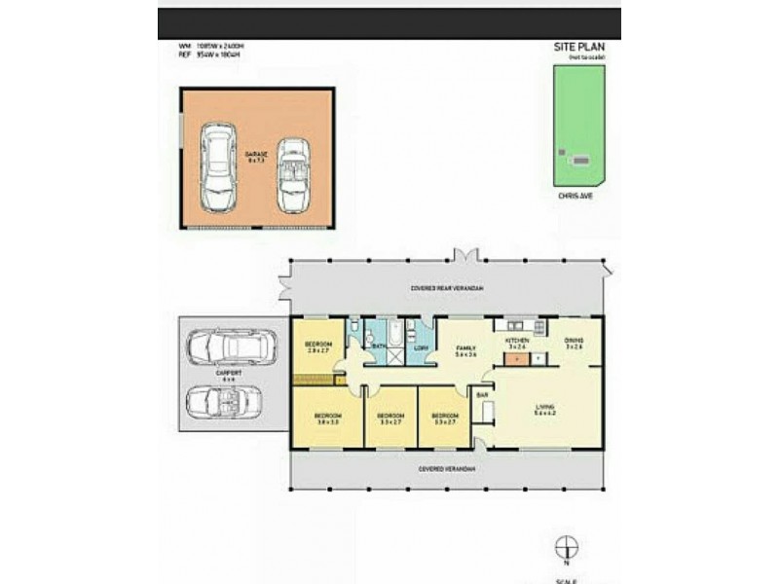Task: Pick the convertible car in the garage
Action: point(292,174)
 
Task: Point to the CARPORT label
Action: point(230,373)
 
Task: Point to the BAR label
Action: point(481,394)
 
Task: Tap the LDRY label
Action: point(422,347)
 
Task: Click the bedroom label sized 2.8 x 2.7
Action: point(318,347)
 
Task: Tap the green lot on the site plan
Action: point(578,125)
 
